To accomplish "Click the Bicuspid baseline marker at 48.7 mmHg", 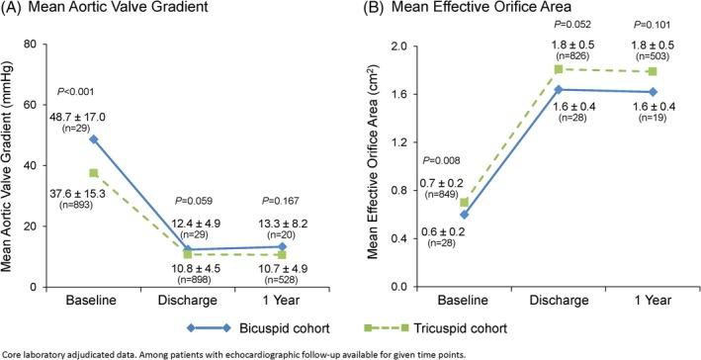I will pos(94,139).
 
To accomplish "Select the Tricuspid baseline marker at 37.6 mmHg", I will pos(94,173).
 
